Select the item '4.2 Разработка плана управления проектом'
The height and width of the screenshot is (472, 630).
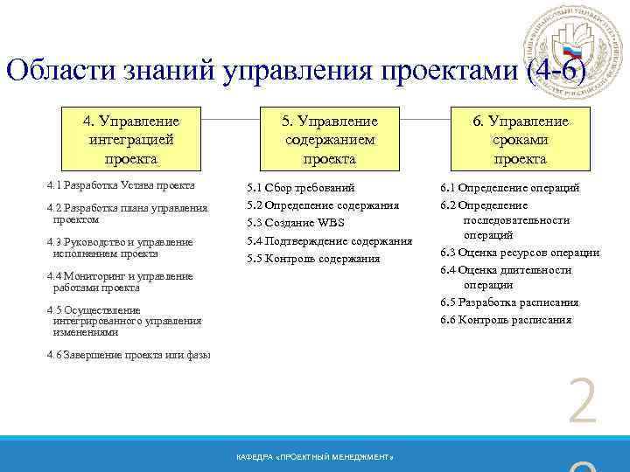click(127, 213)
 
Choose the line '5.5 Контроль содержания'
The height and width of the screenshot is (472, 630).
click(313, 259)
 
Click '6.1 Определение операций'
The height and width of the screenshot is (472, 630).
click(509, 188)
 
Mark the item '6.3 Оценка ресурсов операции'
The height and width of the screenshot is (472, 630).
click(519, 253)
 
